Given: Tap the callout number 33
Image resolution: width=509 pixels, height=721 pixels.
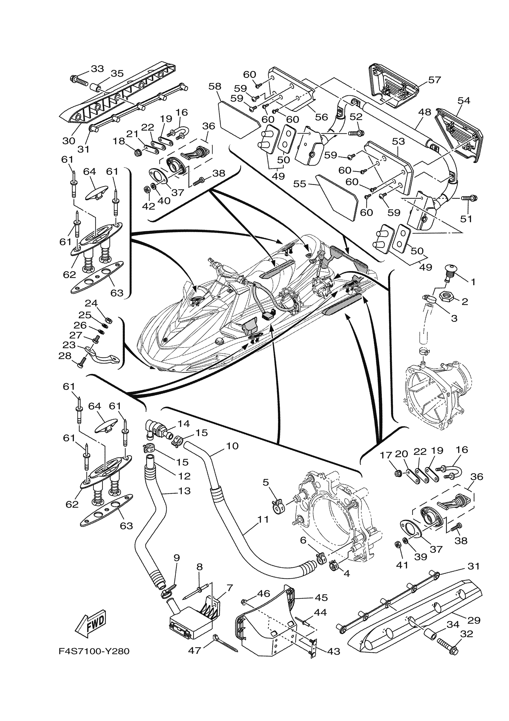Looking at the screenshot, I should (x=97, y=68).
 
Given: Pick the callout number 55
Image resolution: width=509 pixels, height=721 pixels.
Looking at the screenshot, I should (x=299, y=184).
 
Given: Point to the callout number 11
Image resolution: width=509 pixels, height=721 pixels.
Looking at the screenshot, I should (x=263, y=520).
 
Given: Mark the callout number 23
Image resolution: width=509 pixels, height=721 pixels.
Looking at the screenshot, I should (x=69, y=345).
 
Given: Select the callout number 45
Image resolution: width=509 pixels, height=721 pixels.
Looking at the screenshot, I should (x=321, y=597).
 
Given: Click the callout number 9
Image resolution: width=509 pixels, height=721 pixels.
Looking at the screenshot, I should (x=177, y=558).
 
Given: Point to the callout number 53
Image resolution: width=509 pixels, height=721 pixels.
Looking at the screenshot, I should (x=399, y=141).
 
